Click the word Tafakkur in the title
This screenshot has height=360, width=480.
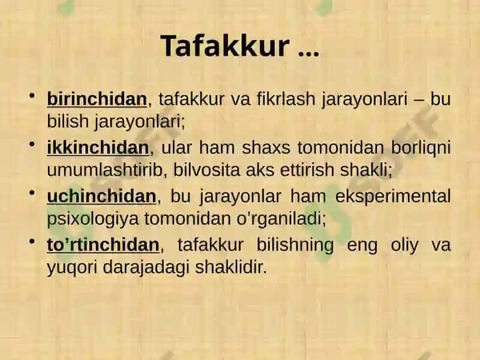[x=224, y=46]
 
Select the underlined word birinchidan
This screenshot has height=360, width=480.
[x=97, y=99]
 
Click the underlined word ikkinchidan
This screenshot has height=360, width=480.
[x=98, y=147]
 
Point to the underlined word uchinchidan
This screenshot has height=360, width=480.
[x=101, y=196]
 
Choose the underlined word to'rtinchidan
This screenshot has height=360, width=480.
[x=103, y=245]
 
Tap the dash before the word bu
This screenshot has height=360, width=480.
[x=419, y=100]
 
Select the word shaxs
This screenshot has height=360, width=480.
[x=266, y=147]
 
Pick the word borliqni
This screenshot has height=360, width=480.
[x=421, y=148]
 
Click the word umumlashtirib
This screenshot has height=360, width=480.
[x=104, y=170]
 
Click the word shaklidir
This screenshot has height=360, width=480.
[x=231, y=267]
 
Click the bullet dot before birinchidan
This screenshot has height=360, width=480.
[x=32, y=95]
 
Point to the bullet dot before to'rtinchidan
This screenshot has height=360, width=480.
[x=32, y=241]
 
